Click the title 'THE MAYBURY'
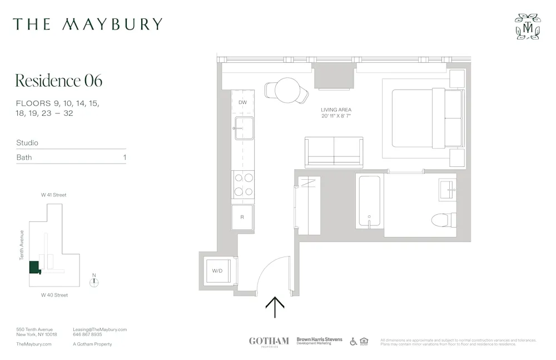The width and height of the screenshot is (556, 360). coord(88,24)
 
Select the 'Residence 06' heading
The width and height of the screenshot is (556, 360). coord(59,81)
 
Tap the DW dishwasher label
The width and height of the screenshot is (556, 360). coord(242,103)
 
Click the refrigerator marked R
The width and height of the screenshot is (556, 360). coord(242,217)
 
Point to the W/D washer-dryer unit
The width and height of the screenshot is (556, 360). coord(217,271)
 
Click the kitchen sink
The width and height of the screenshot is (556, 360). coord(243,130)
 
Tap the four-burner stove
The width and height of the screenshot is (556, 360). coord(243,185)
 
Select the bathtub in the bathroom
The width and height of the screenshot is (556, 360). coord(369,200)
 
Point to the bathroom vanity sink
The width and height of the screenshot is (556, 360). coord(448,187)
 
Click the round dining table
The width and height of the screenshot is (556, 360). coord(287,89)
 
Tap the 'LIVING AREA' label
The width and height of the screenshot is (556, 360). coord(336,110)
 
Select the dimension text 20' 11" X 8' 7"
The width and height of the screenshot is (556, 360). coord(336,116)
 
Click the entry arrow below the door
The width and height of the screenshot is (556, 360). coord(275,307)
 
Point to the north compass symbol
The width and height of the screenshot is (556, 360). coord(95,282)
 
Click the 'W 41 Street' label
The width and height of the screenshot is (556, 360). coord(53,195)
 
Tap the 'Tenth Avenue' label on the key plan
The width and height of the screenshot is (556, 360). coord(22,245)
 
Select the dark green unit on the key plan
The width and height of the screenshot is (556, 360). coord(34,267)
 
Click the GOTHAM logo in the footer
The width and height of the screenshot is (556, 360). coord(269,341)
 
